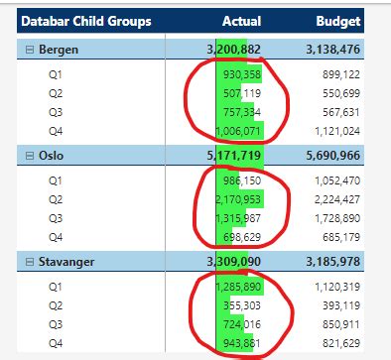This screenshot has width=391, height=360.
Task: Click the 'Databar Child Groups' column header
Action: (86, 21)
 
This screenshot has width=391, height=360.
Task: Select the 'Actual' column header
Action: (241, 21)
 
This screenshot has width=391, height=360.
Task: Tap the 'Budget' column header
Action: (337, 21)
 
